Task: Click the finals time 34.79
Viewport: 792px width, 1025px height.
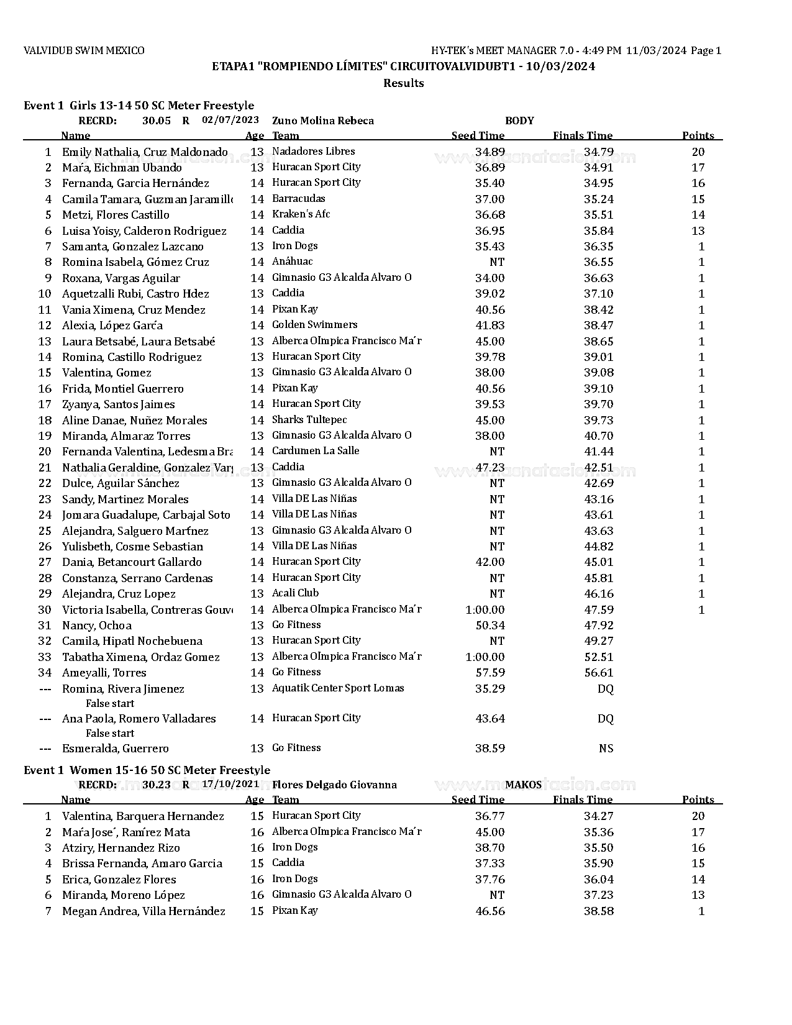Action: tap(598, 152)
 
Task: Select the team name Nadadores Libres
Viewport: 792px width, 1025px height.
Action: tap(313, 152)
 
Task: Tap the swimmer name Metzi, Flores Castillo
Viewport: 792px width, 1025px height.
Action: tap(116, 215)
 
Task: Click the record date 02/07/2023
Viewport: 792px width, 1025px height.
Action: tap(230, 120)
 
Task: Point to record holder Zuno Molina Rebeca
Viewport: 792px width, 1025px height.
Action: tap(323, 121)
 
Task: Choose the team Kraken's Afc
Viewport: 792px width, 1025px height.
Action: tap(301, 214)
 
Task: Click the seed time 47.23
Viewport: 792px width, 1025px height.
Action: tap(489, 468)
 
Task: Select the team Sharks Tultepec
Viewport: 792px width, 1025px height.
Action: tap(309, 420)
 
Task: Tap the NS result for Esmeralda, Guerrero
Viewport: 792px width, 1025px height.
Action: tap(606, 749)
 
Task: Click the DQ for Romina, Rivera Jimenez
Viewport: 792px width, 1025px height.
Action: tap(605, 689)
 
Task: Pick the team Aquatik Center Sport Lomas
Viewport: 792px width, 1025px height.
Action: tap(338, 688)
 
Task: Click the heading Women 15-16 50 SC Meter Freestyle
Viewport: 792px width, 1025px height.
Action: tap(170, 770)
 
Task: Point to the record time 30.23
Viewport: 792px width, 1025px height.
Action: tap(156, 785)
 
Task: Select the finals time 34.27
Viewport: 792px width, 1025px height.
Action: tap(598, 816)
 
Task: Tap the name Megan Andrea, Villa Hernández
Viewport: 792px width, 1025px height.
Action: tap(143, 911)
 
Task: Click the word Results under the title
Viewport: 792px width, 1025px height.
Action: tap(403, 83)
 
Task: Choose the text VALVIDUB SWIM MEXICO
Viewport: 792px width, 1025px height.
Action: tap(84, 51)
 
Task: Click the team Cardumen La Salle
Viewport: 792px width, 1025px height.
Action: tap(316, 451)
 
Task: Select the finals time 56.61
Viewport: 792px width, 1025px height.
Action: tap(598, 673)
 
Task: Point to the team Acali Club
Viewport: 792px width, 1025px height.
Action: tap(295, 593)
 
